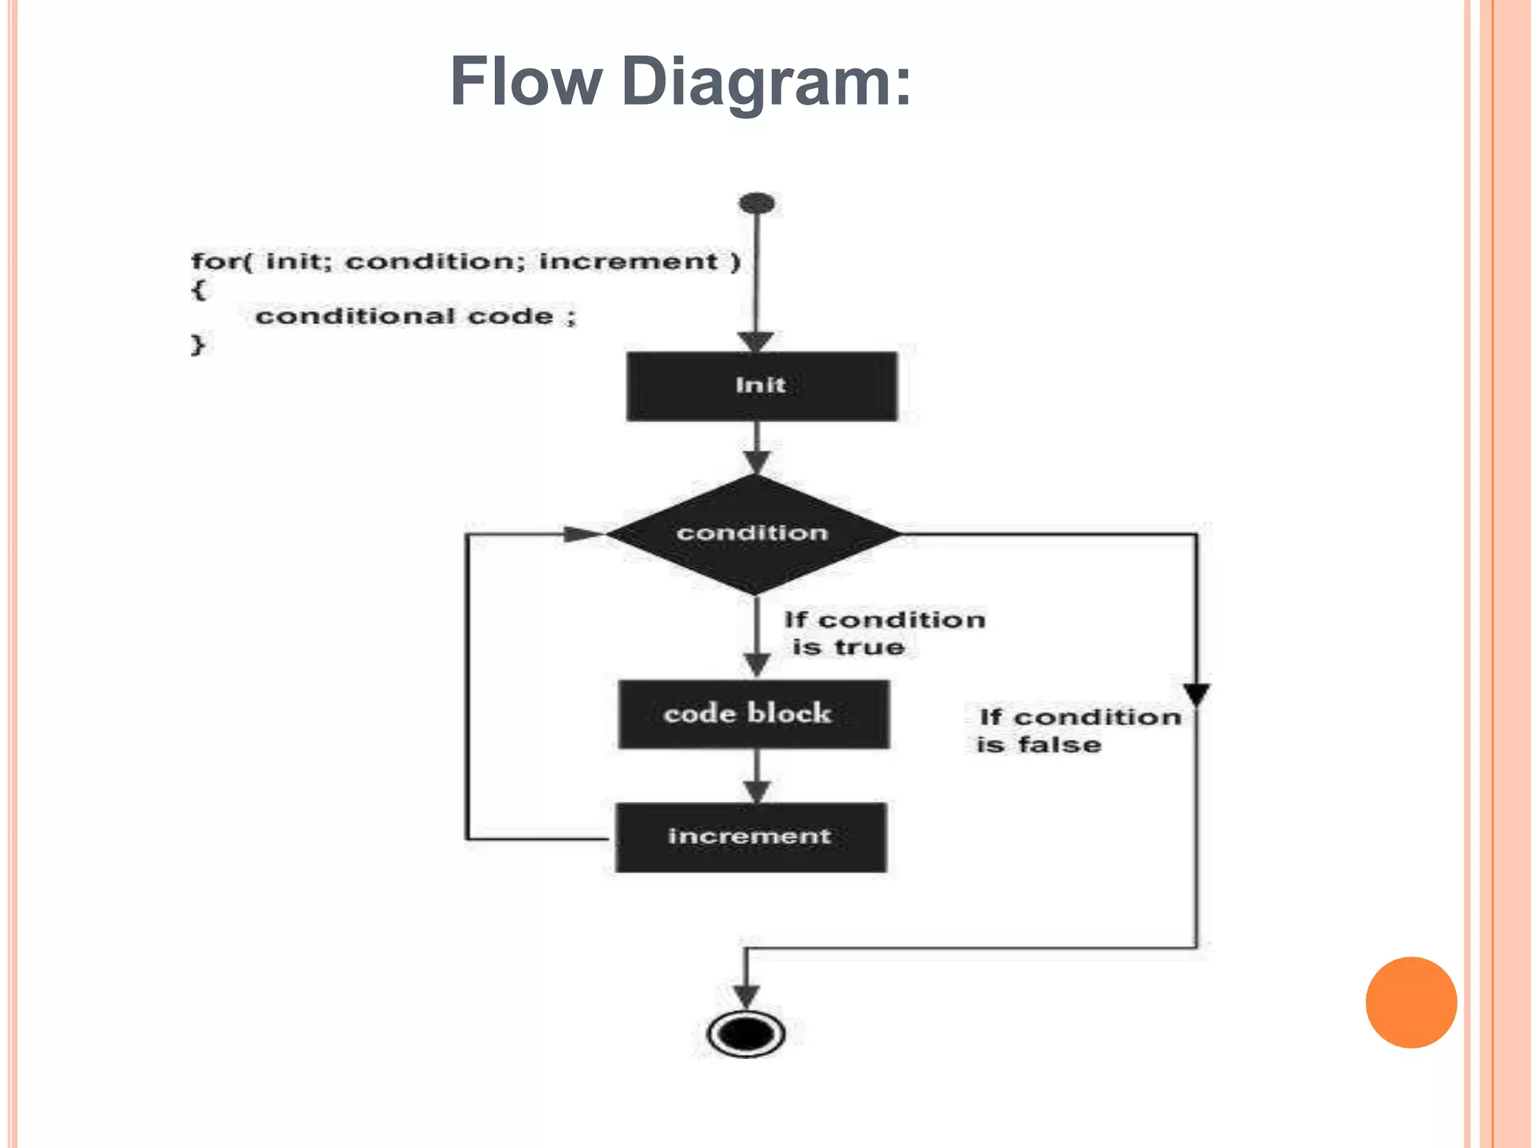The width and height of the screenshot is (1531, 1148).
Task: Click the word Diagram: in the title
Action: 766,83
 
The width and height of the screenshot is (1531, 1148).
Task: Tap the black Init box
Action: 761,386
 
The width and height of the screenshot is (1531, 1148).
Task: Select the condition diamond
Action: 754,534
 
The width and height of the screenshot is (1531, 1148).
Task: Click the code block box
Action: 754,714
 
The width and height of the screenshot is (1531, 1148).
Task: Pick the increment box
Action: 751,836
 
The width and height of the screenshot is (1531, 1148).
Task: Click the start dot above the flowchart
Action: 757,203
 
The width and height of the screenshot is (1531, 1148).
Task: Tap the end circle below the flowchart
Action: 746,1034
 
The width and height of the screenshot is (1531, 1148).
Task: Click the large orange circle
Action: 1411,1002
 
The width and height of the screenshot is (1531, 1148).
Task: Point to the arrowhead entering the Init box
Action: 757,342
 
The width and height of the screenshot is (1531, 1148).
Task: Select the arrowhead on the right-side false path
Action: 1196,694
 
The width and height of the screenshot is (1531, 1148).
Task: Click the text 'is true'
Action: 848,647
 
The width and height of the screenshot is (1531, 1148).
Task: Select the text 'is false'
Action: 1038,745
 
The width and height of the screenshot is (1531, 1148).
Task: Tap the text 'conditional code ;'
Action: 416,316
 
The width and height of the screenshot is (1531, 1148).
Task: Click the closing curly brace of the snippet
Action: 197,345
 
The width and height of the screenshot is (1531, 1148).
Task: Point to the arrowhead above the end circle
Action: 745,996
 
